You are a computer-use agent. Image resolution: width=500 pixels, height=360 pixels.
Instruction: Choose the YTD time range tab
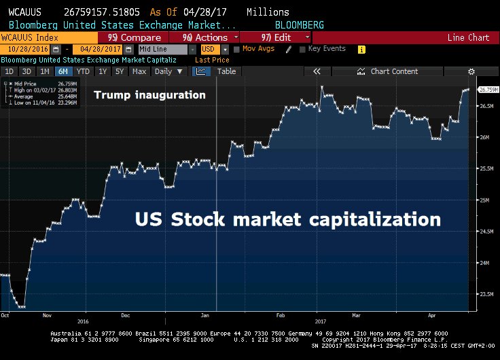tap(83, 71)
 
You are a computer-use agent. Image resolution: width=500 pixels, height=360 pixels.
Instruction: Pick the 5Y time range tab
tap(120, 71)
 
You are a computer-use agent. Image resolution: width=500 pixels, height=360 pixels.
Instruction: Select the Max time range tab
tap(139, 71)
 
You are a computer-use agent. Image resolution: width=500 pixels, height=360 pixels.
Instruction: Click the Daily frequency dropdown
tap(167, 71)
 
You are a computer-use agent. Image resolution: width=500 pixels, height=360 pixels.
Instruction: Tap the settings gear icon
tap(471, 71)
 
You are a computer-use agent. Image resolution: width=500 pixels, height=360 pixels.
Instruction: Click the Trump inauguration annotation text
tap(149, 95)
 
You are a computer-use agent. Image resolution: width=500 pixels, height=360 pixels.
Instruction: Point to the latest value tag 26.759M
tap(489, 89)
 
